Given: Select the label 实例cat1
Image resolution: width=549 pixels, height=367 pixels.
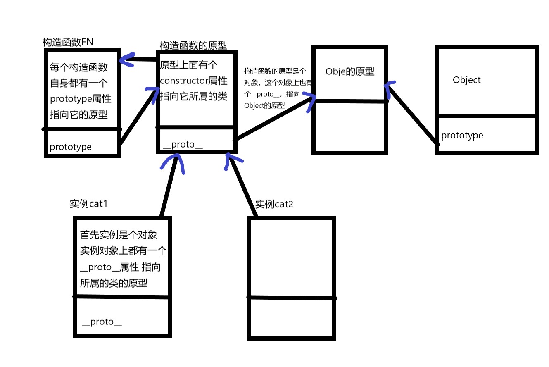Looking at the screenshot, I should click(x=89, y=204).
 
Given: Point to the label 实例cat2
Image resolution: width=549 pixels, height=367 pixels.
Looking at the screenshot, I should click(x=274, y=204).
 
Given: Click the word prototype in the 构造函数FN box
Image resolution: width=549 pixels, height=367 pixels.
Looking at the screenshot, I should click(x=71, y=147).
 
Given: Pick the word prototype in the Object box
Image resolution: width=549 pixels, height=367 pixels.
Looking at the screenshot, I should click(x=462, y=136).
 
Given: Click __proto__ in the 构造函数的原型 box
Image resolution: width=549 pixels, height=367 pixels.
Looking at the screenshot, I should click(x=183, y=144).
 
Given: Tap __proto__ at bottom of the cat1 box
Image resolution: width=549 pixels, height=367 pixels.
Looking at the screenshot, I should click(x=102, y=322).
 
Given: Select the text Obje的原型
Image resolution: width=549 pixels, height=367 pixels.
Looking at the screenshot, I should click(x=349, y=71).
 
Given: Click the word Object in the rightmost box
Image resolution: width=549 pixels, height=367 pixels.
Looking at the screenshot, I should click(x=466, y=80).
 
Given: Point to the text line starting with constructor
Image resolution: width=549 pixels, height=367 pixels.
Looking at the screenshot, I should click(x=194, y=81).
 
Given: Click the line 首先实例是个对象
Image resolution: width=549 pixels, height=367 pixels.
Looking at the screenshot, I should click(x=119, y=235).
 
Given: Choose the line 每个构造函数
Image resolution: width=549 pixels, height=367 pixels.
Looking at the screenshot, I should click(x=79, y=67).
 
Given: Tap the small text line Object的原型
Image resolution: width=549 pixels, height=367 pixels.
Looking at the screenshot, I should click(x=264, y=105).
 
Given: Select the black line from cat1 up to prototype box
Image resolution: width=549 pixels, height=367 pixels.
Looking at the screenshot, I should click(x=169, y=186).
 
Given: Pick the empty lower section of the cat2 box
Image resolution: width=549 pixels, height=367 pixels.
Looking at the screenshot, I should click(x=291, y=317).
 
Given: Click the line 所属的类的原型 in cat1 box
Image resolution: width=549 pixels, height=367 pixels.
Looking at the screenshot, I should click(x=114, y=283).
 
